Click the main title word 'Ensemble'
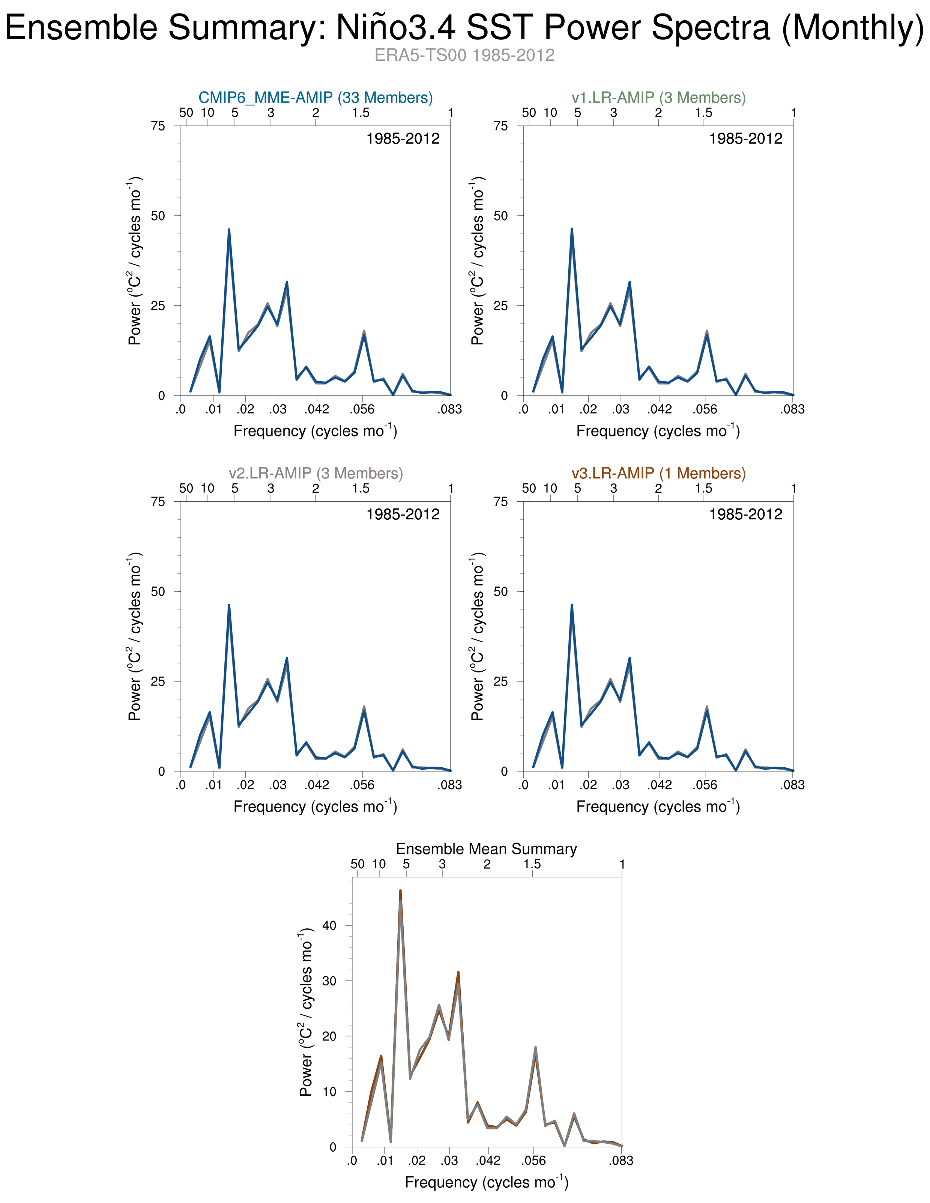pos(83,27)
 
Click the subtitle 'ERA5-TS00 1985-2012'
pos(464,56)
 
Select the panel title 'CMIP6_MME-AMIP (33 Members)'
pos(316,98)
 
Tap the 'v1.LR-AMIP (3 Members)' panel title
pos(658,98)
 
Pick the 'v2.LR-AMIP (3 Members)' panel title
pos(316,473)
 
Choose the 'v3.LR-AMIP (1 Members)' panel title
pos(658,473)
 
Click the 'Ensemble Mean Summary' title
pos(486,849)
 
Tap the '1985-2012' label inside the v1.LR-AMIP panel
pos(745,139)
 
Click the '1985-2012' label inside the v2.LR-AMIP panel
pos(403,514)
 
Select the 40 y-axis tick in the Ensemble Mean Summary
pos(329,925)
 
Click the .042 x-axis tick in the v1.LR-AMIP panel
pos(660,409)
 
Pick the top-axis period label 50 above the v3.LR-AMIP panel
pos(529,489)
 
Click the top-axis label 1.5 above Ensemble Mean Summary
pos(532,864)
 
